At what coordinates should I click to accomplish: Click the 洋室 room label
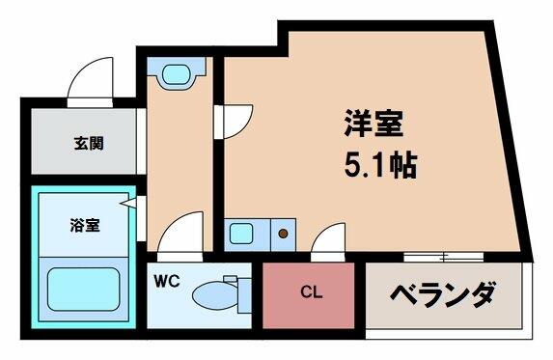click(x=373, y=123)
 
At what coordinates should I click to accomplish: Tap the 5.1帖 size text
click(x=380, y=165)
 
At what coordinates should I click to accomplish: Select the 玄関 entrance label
click(x=89, y=143)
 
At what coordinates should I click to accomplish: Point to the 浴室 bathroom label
click(x=85, y=225)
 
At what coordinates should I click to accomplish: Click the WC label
click(x=166, y=281)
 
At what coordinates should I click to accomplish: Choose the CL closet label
click(x=312, y=292)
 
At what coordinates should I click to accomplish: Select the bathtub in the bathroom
click(x=84, y=290)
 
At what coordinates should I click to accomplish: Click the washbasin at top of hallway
click(x=176, y=74)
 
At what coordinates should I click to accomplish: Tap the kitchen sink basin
click(x=241, y=234)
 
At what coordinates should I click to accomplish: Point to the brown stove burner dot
click(x=283, y=234)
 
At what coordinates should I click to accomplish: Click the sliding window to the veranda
click(x=443, y=257)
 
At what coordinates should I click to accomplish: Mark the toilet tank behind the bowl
click(x=244, y=295)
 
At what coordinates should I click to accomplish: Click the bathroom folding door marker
click(x=128, y=204)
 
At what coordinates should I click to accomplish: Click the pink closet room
click(x=308, y=295)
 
